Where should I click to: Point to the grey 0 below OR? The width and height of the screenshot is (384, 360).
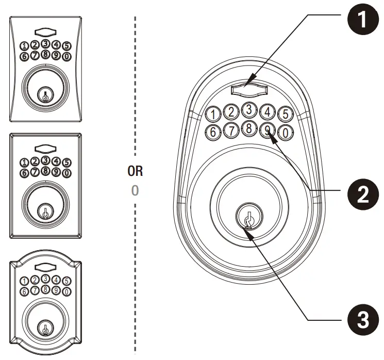point(135,190)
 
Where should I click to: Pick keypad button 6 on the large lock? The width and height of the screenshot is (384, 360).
point(213,133)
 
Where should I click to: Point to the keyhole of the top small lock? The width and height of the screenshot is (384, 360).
point(45,95)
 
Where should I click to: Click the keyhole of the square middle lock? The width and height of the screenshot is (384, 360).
point(45,212)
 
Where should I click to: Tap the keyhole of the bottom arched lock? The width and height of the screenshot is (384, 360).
point(45,327)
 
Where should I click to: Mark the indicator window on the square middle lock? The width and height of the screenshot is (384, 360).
point(45,148)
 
